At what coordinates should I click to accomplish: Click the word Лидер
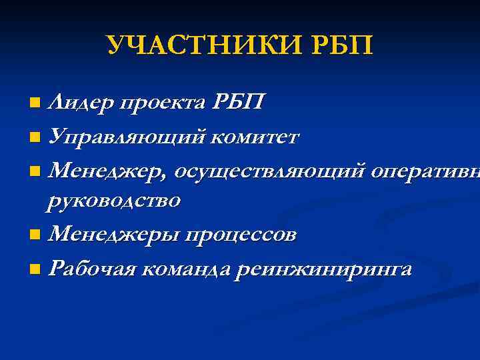pyautogui.click(x=79, y=102)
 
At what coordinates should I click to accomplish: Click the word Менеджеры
pyautogui.click(x=113, y=235)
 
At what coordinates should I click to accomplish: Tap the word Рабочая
pyautogui.click(x=91, y=269)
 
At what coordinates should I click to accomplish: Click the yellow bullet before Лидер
pyautogui.click(x=35, y=103)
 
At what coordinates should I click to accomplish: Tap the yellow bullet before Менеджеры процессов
pyautogui.click(x=35, y=235)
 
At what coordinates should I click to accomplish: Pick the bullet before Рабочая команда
pyautogui.click(x=35, y=270)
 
